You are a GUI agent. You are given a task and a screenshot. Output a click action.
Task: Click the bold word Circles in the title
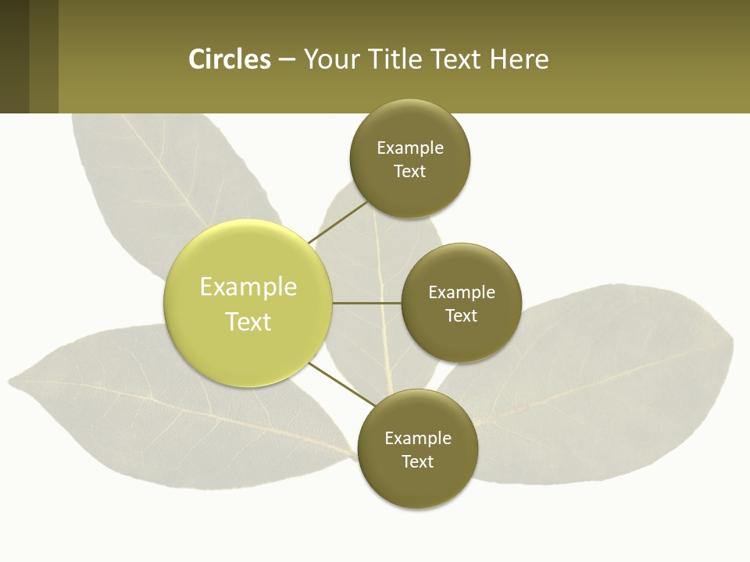[230, 59]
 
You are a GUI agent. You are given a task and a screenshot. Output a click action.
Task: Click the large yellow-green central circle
[248, 303]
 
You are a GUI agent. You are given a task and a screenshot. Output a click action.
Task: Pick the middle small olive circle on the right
[462, 303]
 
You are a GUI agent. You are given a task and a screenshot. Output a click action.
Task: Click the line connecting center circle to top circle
[337, 222]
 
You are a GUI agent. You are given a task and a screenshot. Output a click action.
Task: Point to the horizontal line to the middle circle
[366, 303]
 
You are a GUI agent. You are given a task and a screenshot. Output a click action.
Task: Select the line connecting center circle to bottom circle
[341, 384]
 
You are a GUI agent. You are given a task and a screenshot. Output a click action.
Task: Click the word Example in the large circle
[248, 286]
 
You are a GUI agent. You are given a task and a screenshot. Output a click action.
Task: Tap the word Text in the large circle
[248, 322]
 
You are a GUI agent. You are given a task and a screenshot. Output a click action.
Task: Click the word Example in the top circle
[410, 148]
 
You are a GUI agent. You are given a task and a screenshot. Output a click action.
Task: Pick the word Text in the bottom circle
[418, 461]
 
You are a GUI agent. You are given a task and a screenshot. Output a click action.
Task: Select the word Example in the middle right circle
[462, 292]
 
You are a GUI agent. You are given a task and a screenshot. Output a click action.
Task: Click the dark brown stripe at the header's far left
[14, 56]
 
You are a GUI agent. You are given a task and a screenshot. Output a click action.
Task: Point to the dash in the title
[287, 60]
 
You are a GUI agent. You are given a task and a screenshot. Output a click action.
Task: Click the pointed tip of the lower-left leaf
[11, 382]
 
